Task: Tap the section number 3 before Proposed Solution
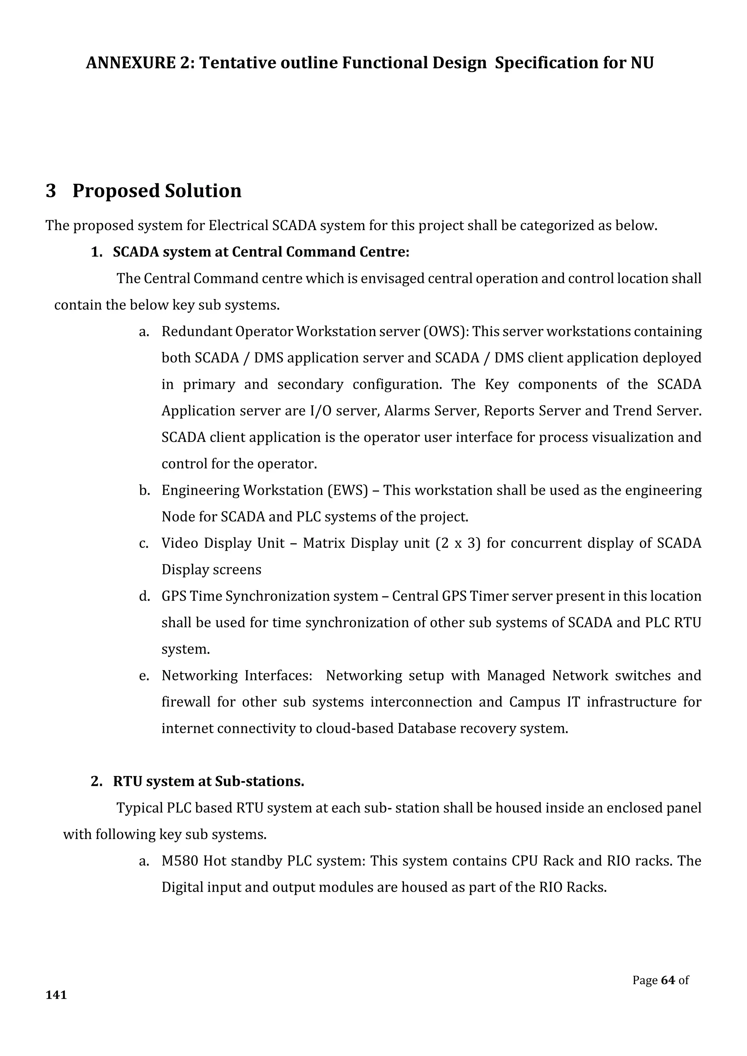click(x=51, y=191)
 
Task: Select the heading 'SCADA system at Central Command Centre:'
click(x=261, y=252)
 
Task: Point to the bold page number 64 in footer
click(x=667, y=980)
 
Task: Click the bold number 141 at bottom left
click(x=56, y=995)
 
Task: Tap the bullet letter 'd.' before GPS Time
click(x=144, y=596)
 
